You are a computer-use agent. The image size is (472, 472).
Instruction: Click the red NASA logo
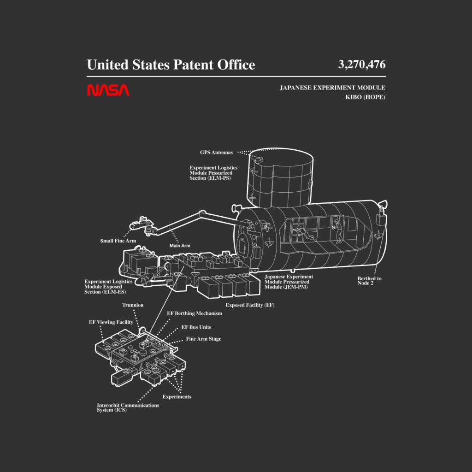pos(108,90)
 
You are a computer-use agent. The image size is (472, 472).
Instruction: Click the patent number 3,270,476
pos(361,65)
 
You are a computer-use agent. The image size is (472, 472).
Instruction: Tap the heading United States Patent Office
pos(171,65)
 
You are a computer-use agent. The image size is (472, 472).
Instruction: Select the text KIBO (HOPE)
pos(365,97)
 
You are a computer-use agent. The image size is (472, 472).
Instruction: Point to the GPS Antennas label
pos(217,153)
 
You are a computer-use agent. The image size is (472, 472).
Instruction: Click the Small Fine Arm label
pos(118,241)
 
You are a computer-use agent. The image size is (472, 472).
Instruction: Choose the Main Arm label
pos(180,246)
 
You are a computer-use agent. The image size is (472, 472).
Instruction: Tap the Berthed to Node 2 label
pos(369,281)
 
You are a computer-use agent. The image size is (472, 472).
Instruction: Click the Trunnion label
pos(133,305)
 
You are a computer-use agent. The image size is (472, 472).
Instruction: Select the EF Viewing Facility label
pos(111,322)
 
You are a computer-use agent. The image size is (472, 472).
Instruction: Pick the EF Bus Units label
pos(196,327)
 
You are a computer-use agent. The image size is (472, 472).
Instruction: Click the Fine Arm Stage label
pos(203,339)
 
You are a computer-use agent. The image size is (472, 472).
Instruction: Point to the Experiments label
pos(177,397)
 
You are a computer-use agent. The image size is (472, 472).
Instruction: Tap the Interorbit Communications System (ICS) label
pos(128,407)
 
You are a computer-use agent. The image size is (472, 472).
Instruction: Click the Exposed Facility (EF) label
pos(250,305)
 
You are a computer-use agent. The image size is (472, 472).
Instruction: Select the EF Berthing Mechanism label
pos(195,313)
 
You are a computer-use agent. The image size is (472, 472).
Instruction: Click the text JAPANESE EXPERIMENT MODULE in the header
pos(332,88)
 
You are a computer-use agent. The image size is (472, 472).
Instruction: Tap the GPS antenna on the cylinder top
pos(259,160)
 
